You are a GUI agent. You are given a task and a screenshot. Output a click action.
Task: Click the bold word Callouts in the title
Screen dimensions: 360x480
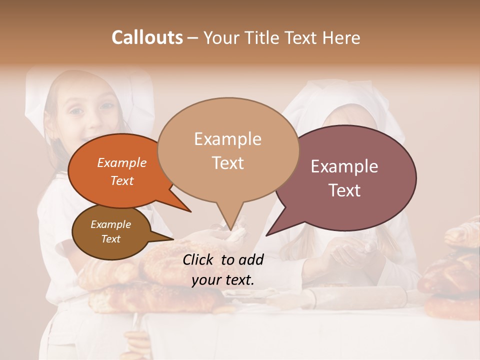(147, 37)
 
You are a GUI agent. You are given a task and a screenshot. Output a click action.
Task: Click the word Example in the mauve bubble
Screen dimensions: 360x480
(344, 166)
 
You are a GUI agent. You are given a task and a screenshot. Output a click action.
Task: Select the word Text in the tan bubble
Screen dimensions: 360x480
(227, 163)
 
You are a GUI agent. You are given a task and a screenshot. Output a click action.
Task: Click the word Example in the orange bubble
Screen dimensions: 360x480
(121, 162)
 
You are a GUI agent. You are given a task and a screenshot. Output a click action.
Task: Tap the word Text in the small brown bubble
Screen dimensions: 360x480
(110, 239)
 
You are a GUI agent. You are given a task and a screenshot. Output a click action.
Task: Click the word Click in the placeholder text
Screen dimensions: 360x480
(199, 259)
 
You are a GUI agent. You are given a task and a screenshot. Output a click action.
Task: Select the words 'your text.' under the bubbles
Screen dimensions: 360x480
(223, 280)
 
